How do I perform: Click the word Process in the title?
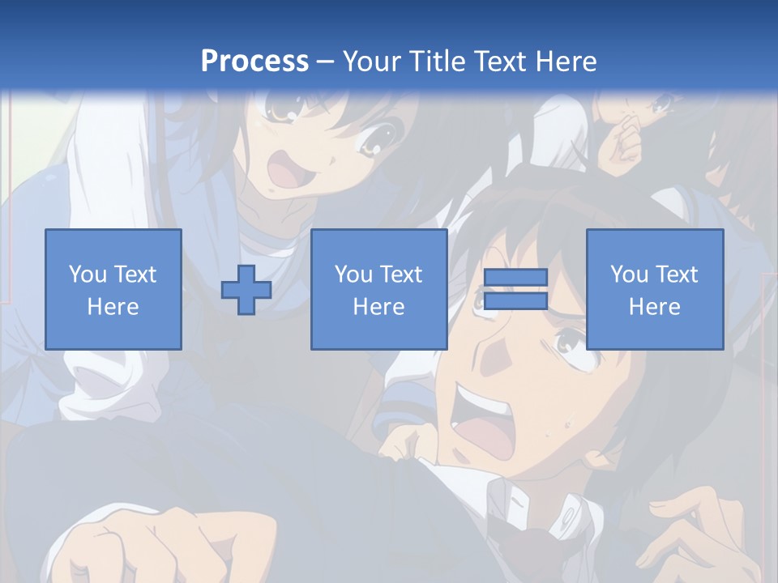(x=254, y=61)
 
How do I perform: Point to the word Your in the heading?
(x=370, y=62)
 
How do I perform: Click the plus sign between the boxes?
(x=246, y=289)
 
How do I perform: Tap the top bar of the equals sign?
(x=515, y=278)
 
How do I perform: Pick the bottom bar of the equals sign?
(x=515, y=300)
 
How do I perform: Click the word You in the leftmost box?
(x=88, y=274)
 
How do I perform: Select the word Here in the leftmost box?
(x=113, y=307)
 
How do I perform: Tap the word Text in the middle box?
(x=401, y=274)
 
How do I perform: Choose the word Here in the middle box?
(x=379, y=307)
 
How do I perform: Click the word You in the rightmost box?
(x=629, y=274)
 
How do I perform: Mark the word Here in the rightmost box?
(x=655, y=307)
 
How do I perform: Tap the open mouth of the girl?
(x=286, y=171)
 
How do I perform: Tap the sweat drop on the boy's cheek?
(x=566, y=423)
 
